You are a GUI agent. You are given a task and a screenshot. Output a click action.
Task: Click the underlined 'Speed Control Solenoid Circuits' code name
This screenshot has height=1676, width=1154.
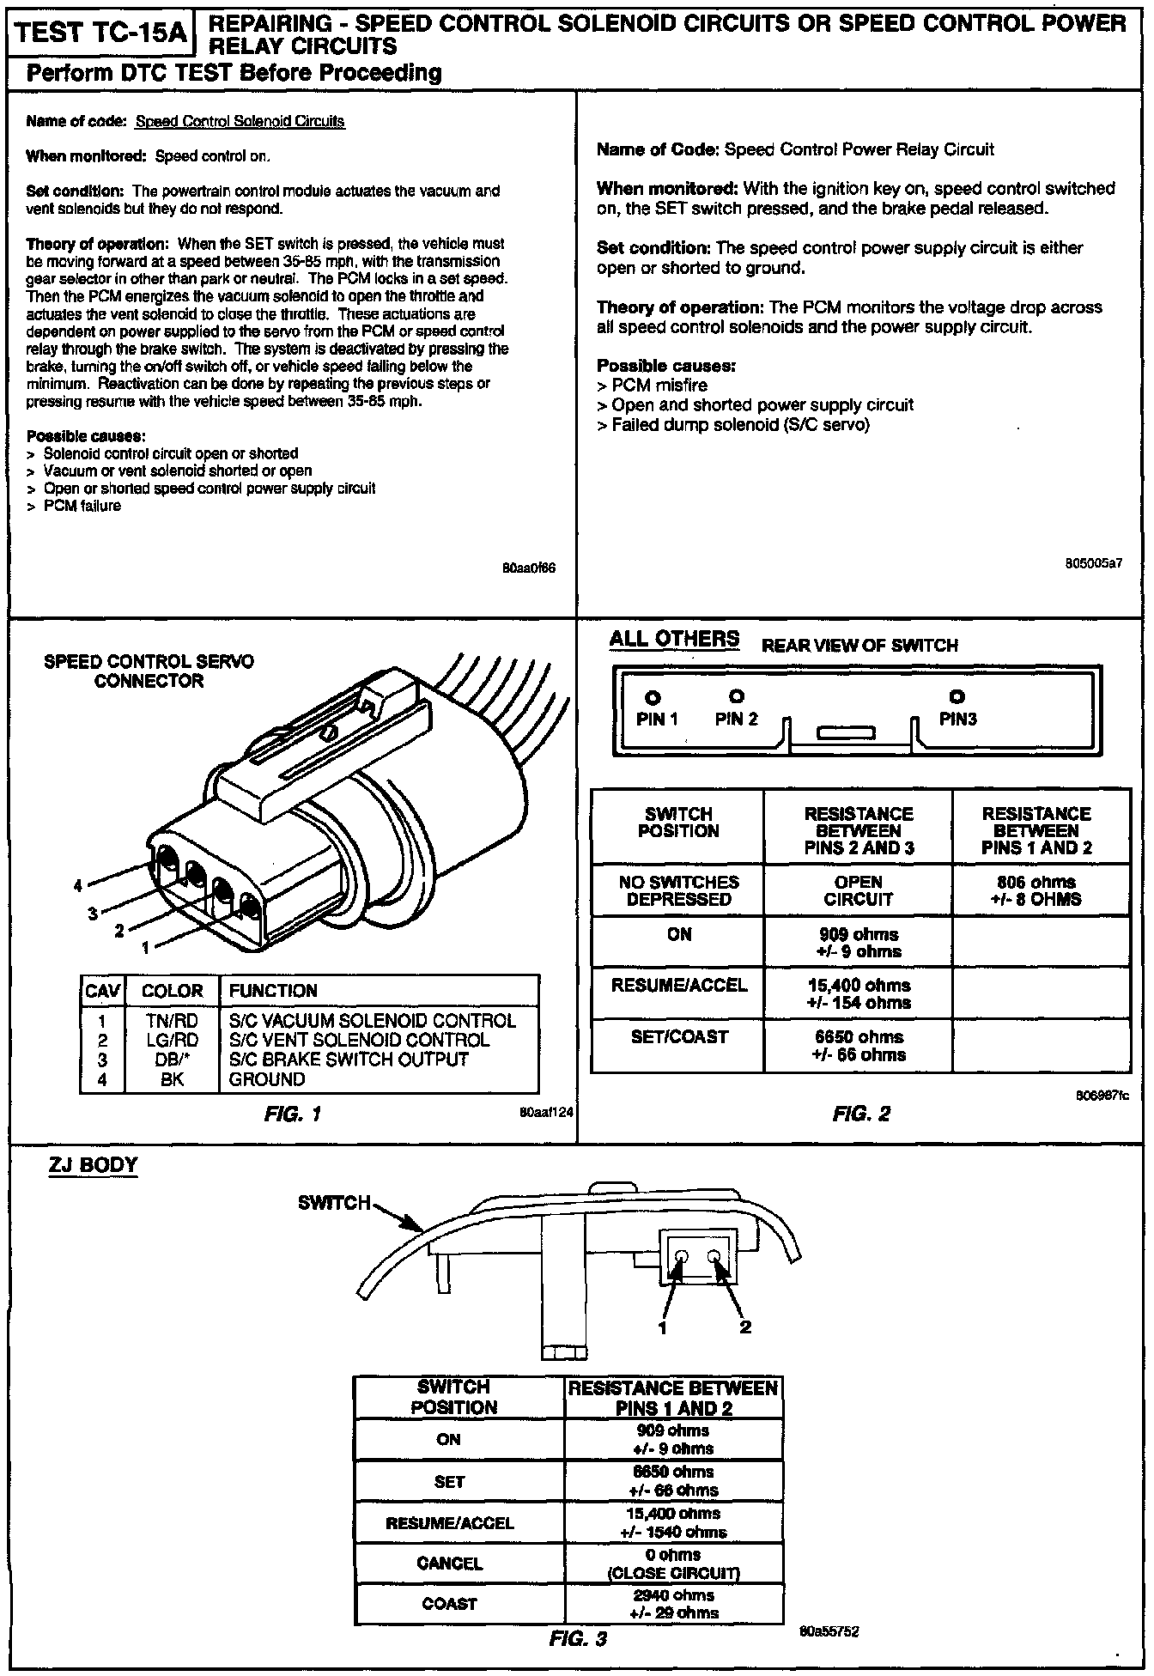(240, 122)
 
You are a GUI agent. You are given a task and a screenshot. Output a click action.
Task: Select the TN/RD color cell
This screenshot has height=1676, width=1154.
(172, 1021)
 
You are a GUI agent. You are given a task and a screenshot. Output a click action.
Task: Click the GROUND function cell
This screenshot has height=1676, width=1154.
(267, 1079)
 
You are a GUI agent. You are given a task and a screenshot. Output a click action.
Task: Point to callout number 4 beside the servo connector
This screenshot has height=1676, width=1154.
(78, 885)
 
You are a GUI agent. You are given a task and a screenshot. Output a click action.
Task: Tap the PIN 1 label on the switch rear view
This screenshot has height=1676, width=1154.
(657, 720)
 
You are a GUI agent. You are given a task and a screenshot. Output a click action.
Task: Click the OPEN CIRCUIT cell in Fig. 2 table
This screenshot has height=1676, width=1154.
(858, 890)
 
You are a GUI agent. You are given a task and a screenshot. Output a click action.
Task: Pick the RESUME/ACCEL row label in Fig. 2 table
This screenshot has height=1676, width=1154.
(678, 985)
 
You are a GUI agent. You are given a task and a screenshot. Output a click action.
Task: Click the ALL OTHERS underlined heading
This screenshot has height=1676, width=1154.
(674, 639)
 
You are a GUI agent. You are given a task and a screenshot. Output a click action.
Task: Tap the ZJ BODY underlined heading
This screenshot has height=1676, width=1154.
(94, 1165)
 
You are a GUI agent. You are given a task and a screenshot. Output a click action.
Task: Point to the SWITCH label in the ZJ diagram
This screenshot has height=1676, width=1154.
(334, 1202)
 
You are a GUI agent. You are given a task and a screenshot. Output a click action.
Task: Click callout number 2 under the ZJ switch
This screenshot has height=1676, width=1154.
(745, 1327)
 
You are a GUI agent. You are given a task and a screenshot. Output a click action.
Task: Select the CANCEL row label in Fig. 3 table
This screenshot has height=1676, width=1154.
(449, 1564)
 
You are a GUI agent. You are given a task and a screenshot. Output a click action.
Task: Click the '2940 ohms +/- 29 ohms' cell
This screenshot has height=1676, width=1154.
(674, 1604)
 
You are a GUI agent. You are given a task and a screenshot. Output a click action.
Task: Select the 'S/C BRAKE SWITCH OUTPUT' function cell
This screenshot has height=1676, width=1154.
(349, 1060)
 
